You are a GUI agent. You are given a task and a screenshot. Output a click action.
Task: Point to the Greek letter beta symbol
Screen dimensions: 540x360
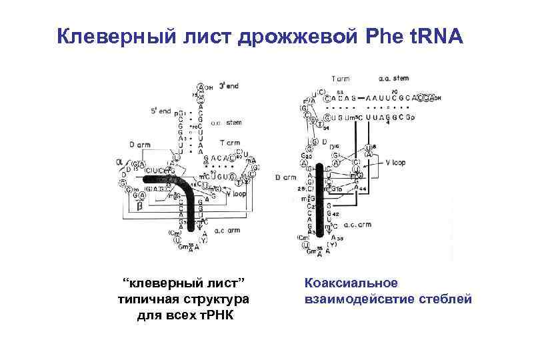(139, 207)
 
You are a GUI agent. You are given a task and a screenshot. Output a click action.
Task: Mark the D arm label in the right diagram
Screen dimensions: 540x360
(285, 177)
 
